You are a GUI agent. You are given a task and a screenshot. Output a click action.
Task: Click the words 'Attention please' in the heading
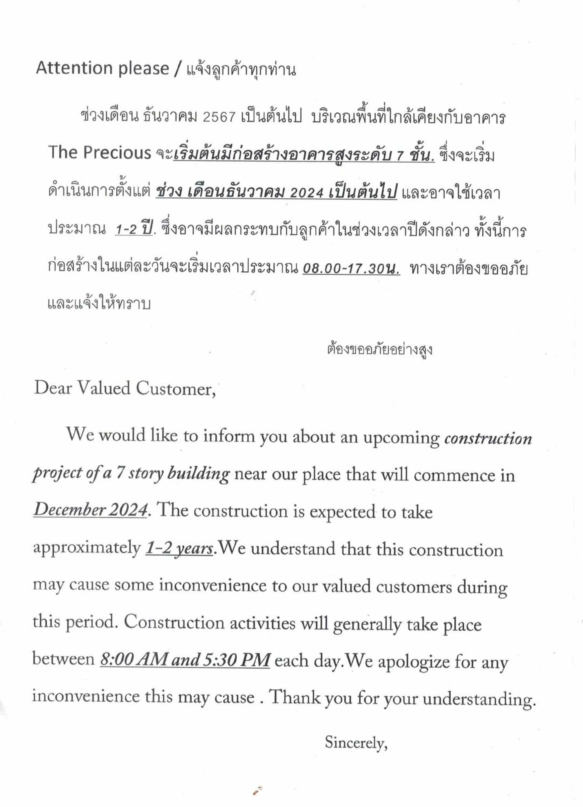click(x=103, y=68)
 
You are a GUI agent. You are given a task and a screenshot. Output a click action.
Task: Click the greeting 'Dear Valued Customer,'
click(x=125, y=388)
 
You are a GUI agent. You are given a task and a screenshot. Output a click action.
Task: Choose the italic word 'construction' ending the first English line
click(x=488, y=439)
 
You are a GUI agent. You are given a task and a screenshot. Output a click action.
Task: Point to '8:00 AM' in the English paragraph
click(x=134, y=659)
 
